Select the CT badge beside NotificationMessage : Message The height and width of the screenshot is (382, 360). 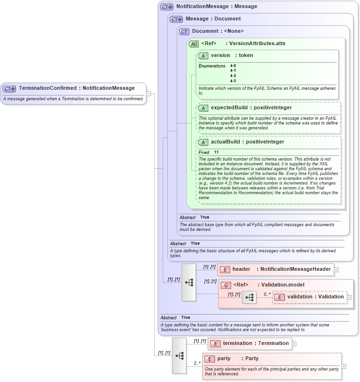pyautogui.click(x=167, y=7)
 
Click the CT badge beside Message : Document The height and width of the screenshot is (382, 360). pyautogui.click(x=176, y=19)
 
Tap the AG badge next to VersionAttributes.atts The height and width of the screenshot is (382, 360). pyautogui.click(x=194, y=44)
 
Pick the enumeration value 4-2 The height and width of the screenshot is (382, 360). pyautogui.click(x=233, y=76)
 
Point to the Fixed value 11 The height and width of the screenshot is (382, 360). pyautogui.click(x=216, y=152)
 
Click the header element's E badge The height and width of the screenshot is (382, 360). pyautogui.click(x=225, y=269)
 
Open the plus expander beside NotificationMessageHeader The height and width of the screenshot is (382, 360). pyautogui.click(x=336, y=269)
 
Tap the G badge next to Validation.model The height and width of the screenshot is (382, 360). pyautogui.click(x=226, y=285)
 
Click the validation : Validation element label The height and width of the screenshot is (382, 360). pyautogui.click(x=315, y=296)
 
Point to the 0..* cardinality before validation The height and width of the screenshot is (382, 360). pyautogui.click(x=267, y=294)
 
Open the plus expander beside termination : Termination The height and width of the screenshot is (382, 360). pyautogui.click(x=294, y=344)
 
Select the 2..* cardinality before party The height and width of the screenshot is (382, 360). pyautogui.click(x=196, y=363)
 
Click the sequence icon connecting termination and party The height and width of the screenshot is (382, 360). pyautogui.click(x=179, y=355)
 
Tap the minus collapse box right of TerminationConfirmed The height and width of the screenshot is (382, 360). pyautogui.click(x=148, y=93)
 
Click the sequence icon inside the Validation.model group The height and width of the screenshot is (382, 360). pyautogui.click(x=249, y=297)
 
